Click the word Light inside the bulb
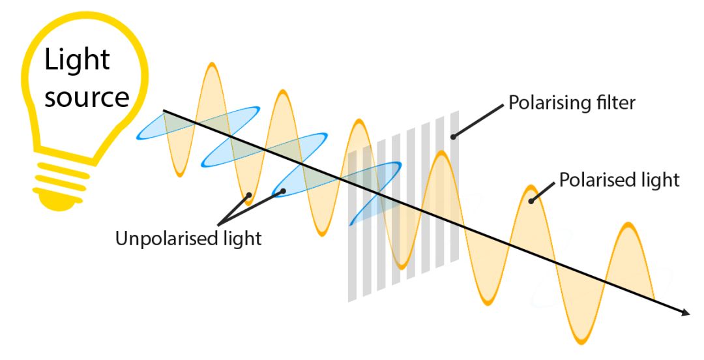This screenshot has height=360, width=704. (x=78, y=60)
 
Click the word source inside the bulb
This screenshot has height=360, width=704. (x=86, y=97)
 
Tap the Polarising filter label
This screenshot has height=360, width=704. (x=571, y=103)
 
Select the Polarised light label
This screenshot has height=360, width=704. (x=619, y=179)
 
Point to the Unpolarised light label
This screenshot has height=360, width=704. (x=188, y=239)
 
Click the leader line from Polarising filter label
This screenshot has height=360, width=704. (x=479, y=120)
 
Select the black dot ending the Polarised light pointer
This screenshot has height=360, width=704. (x=532, y=201)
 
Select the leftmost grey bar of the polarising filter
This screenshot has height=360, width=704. (x=353, y=225)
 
